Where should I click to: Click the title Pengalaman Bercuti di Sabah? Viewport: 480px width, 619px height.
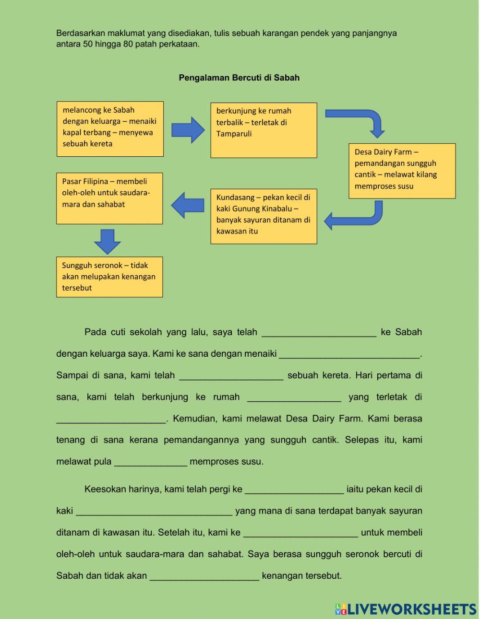pos(239,78)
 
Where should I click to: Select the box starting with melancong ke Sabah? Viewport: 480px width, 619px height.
pos(110,128)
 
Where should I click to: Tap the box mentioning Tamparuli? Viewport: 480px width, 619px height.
pos(264,130)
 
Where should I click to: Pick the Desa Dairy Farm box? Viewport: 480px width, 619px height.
pos(402,171)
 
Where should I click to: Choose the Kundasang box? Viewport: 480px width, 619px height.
pos(264,216)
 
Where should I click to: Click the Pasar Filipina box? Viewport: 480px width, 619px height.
pos(109,198)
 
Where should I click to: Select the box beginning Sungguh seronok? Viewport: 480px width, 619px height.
pos(109,277)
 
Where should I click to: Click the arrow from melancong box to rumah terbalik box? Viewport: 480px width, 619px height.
pos(188,129)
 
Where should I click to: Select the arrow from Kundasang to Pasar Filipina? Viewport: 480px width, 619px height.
pos(188,205)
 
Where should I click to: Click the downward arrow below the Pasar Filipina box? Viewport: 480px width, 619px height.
pos(108,241)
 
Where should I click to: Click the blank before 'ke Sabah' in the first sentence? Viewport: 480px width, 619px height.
pos(319,332)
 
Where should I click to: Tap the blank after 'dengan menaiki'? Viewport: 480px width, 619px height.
pos(349,354)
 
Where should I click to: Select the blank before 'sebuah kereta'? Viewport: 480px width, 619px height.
pos(231,375)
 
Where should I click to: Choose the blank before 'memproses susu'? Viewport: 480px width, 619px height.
pos(150,462)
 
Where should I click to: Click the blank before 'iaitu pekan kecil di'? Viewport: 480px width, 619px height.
pos(294,490)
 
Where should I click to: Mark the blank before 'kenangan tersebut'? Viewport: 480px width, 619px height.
pos(204,576)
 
